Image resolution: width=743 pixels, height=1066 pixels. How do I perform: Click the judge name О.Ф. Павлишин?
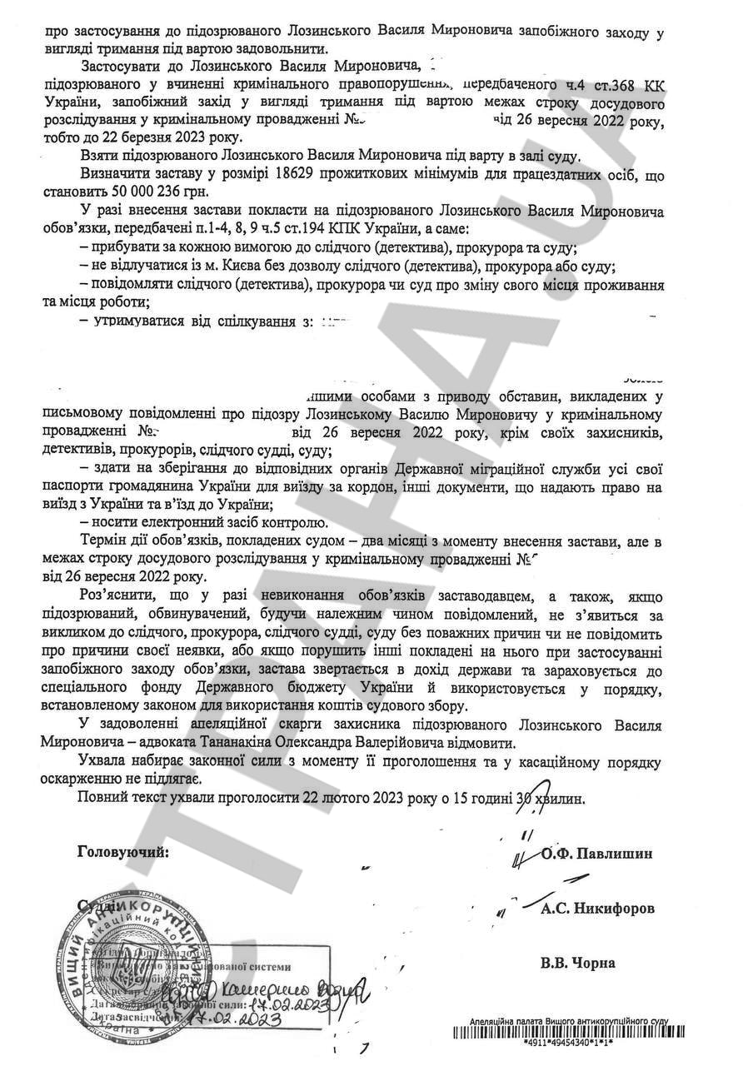point(596,854)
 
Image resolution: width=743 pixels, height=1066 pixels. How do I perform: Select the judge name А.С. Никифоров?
point(597,908)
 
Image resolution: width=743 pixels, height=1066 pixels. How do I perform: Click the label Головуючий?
point(122,852)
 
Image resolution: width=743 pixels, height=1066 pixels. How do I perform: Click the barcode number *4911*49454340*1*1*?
point(568,1042)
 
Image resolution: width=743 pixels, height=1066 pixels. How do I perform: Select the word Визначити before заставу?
point(117,173)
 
